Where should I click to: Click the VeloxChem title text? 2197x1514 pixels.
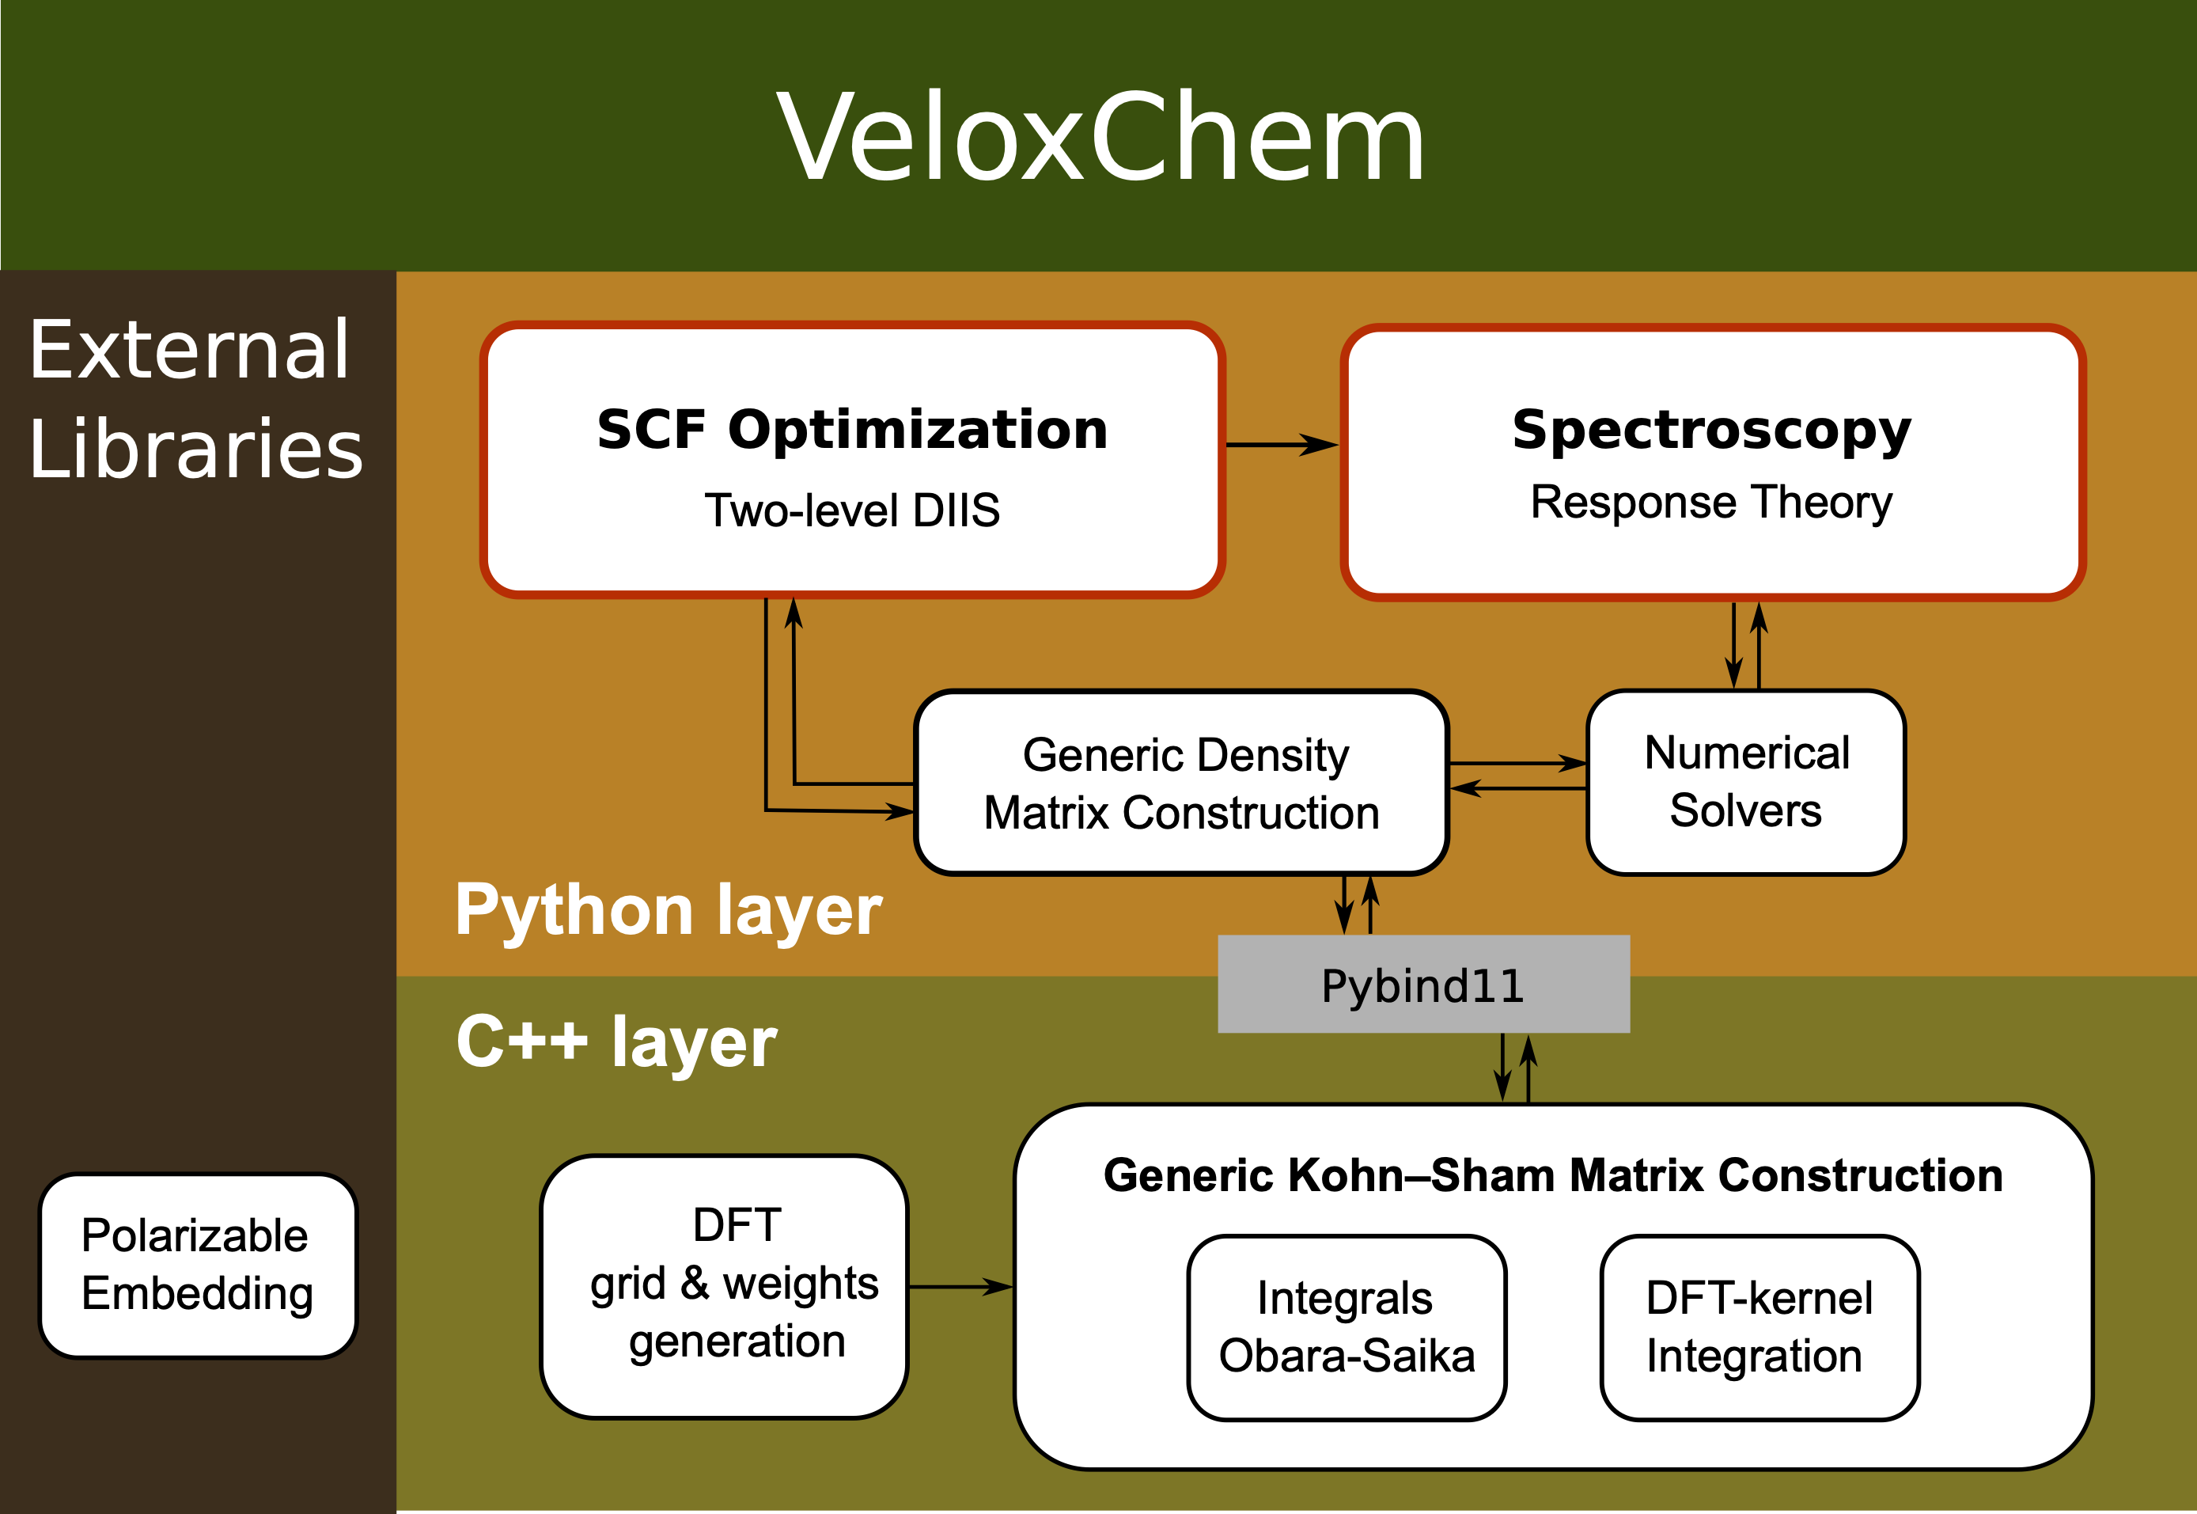click(x=1100, y=138)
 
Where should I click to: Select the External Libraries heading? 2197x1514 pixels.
click(x=195, y=398)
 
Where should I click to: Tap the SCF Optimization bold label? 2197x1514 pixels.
click(x=851, y=430)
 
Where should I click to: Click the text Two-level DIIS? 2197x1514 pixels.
click(x=851, y=510)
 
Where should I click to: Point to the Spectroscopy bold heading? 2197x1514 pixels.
click(x=1711, y=430)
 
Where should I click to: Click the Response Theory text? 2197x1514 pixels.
click(x=1711, y=502)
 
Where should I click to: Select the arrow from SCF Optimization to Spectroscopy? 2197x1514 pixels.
click(x=1280, y=444)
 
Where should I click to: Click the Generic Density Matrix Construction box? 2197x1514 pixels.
click(x=1180, y=783)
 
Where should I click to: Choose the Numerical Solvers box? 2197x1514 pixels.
click(x=1745, y=782)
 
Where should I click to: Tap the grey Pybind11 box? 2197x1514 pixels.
click(x=1422, y=985)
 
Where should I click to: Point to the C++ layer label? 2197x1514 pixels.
click(x=616, y=1042)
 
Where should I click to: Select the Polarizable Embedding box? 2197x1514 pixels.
click(x=197, y=1265)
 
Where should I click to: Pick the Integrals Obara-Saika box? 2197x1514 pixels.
click(x=1347, y=1327)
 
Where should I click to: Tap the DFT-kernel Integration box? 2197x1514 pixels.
click(x=1759, y=1327)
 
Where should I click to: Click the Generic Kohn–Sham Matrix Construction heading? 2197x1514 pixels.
click(x=1553, y=1175)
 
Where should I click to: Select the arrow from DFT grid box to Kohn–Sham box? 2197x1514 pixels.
click(x=960, y=1288)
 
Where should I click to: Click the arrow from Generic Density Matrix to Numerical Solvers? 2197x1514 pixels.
click(x=1517, y=763)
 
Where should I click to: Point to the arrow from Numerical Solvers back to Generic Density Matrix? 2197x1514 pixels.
click(x=1517, y=788)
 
